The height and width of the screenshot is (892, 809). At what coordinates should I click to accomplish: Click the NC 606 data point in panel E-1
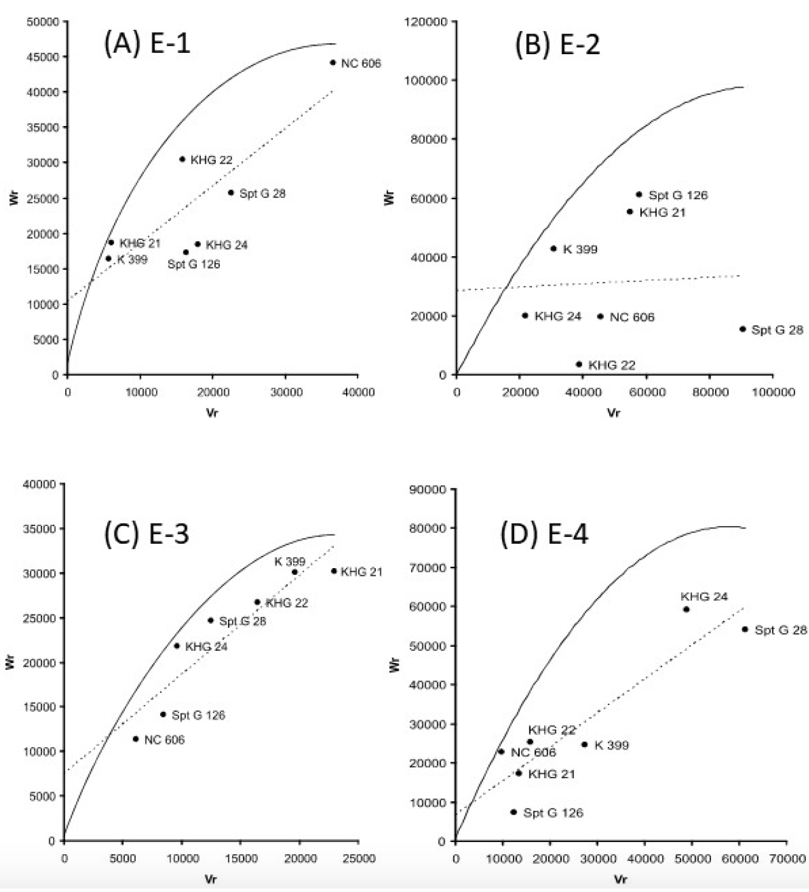point(333,63)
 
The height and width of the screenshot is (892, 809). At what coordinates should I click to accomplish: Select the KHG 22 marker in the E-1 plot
point(182,159)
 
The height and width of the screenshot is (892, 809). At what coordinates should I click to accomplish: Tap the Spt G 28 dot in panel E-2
point(742,329)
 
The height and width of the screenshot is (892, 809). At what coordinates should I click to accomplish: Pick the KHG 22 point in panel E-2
point(579,364)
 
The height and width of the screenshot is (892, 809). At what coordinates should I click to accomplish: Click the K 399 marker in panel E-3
point(295,572)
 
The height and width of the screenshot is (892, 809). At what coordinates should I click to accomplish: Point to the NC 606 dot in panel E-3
point(136,739)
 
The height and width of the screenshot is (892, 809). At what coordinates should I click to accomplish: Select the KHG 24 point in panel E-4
point(686,609)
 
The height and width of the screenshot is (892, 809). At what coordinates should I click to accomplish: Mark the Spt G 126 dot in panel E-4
point(514,812)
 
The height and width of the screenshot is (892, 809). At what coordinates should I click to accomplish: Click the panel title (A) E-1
point(147,44)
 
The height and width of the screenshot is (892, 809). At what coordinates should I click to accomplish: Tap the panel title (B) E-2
point(557,44)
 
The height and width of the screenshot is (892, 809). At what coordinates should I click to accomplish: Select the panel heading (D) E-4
point(544,534)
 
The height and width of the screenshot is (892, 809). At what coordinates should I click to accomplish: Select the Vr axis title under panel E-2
point(613,413)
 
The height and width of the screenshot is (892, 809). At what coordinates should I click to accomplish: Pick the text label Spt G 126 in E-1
point(194,264)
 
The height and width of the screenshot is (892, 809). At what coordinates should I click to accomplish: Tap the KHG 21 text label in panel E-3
point(361,572)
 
